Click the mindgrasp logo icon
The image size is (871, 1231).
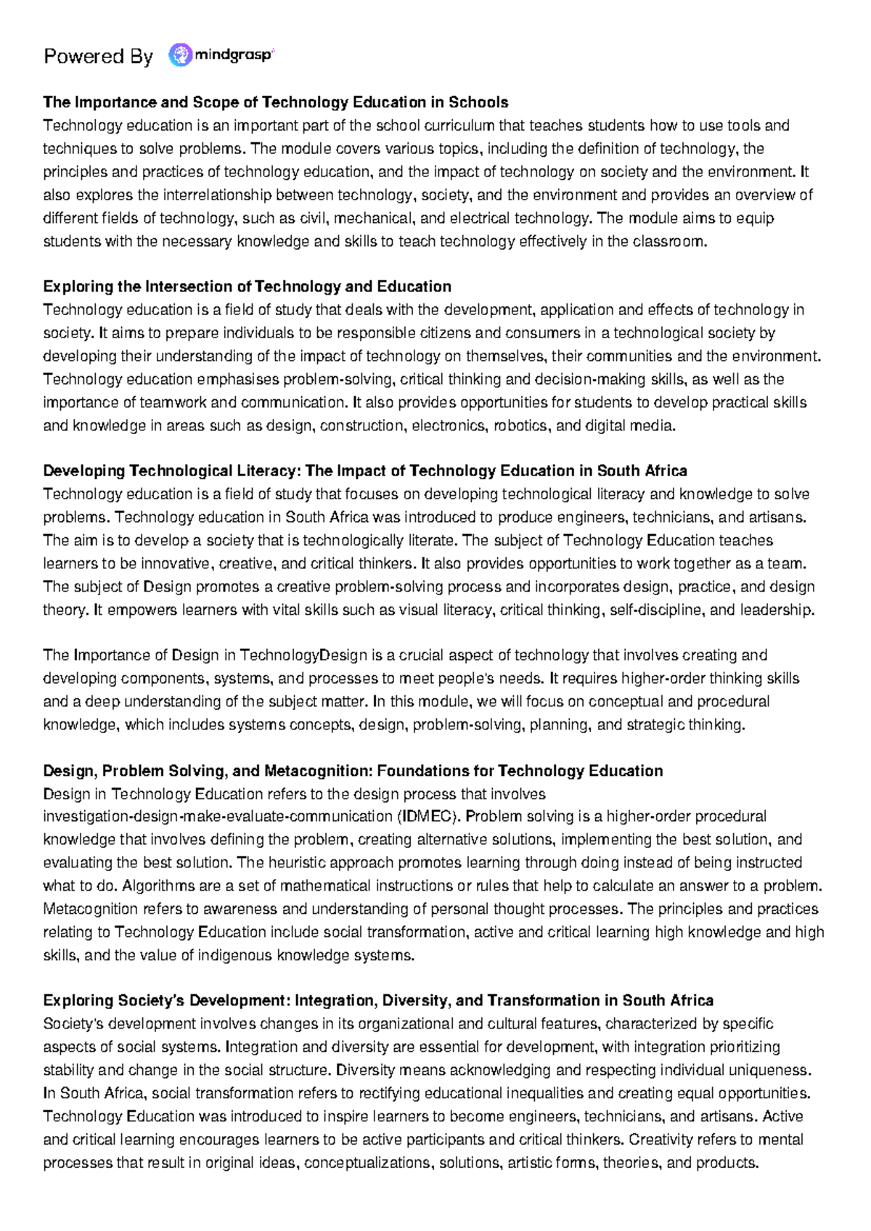[x=180, y=55]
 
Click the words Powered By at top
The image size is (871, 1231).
[x=98, y=57]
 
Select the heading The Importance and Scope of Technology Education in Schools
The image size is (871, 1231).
[x=276, y=102]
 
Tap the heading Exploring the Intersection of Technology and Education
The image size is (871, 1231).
[x=247, y=287]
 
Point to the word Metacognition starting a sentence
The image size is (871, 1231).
[x=90, y=909]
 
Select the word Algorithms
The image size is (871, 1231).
[x=158, y=886]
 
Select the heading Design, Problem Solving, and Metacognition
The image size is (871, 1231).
[x=353, y=771]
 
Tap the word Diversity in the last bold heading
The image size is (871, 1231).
[x=414, y=1001]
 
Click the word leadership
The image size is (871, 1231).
[x=777, y=610]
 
